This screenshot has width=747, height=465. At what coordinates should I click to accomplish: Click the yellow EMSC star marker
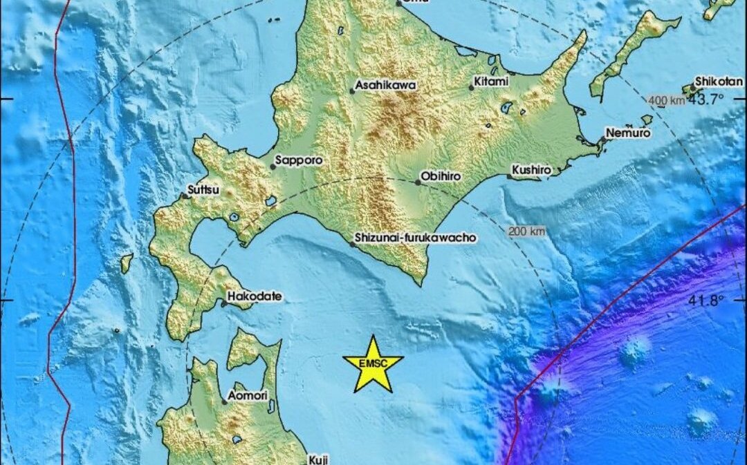click(373, 364)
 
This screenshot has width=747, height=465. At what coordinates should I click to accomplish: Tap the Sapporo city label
click(299, 160)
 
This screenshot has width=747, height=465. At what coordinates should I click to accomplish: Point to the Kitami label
click(491, 82)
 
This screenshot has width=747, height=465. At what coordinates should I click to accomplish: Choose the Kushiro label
click(531, 169)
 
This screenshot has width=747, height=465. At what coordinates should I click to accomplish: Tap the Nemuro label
click(627, 133)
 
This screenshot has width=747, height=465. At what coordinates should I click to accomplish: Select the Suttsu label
click(202, 189)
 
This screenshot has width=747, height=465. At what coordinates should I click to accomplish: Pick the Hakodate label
click(255, 296)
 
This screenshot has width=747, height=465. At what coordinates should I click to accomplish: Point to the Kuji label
click(319, 459)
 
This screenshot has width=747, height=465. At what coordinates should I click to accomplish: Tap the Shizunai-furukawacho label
click(415, 237)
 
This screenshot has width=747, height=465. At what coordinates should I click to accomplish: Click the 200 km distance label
click(526, 231)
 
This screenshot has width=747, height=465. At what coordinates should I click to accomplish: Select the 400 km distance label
click(667, 101)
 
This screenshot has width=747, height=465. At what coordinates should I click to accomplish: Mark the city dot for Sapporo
click(273, 167)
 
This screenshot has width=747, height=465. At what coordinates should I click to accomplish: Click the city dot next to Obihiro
click(418, 182)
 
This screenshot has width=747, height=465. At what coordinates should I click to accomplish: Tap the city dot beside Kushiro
click(509, 177)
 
